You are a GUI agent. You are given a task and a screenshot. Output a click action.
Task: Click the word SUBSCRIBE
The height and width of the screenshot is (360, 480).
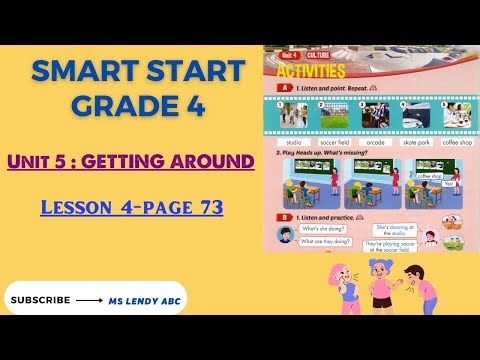click(x=40, y=299)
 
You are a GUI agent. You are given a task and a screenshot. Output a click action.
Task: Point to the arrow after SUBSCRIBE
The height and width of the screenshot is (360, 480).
click(x=91, y=299)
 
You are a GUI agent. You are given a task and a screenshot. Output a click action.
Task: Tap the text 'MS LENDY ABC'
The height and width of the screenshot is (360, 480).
click(x=147, y=299)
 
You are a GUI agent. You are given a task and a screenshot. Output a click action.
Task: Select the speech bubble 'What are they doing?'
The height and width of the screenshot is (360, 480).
click(x=323, y=241)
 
